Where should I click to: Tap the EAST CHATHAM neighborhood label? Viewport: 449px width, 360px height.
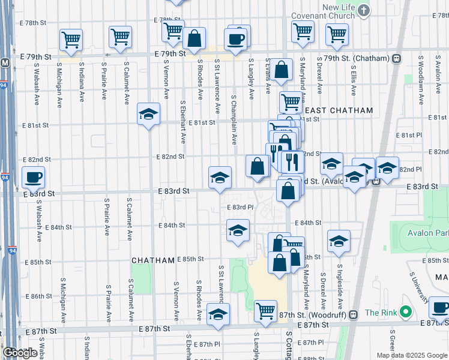339,110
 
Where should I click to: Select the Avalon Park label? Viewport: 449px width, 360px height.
428,234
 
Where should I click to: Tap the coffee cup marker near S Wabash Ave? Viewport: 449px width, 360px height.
33,177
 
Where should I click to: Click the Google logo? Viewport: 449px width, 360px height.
20,352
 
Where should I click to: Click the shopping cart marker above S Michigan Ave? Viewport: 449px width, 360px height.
71,40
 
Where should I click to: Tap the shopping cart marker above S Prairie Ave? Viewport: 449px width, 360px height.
120,37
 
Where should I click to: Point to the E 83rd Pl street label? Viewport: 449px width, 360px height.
241,207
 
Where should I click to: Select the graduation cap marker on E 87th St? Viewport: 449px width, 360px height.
218,314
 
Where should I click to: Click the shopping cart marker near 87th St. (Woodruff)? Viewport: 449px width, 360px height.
265,310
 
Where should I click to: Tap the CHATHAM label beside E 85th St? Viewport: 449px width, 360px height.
153,260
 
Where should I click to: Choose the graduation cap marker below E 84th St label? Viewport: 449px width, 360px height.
238,230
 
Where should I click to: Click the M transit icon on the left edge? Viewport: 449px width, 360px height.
5,62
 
